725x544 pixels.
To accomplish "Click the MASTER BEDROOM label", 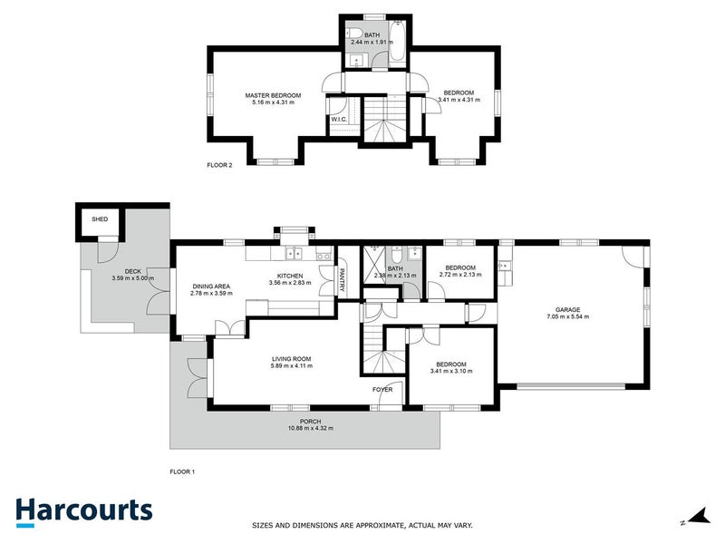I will click(x=273, y=94).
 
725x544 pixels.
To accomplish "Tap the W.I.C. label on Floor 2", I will click(x=340, y=119).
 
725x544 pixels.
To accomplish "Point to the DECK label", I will click(x=132, y=270).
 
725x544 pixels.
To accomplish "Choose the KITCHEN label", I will click(x=290, y=275).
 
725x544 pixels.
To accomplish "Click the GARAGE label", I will click(x=568, y=308).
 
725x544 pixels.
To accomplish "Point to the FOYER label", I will click(x=382, y=390).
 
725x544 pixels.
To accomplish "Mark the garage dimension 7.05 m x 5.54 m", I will click(x=568, y=316).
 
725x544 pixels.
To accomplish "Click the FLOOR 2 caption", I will click(x=220, y=165).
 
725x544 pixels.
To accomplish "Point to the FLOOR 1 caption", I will click(x=183, y=471).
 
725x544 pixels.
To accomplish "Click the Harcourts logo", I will click(x=83, y=510).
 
